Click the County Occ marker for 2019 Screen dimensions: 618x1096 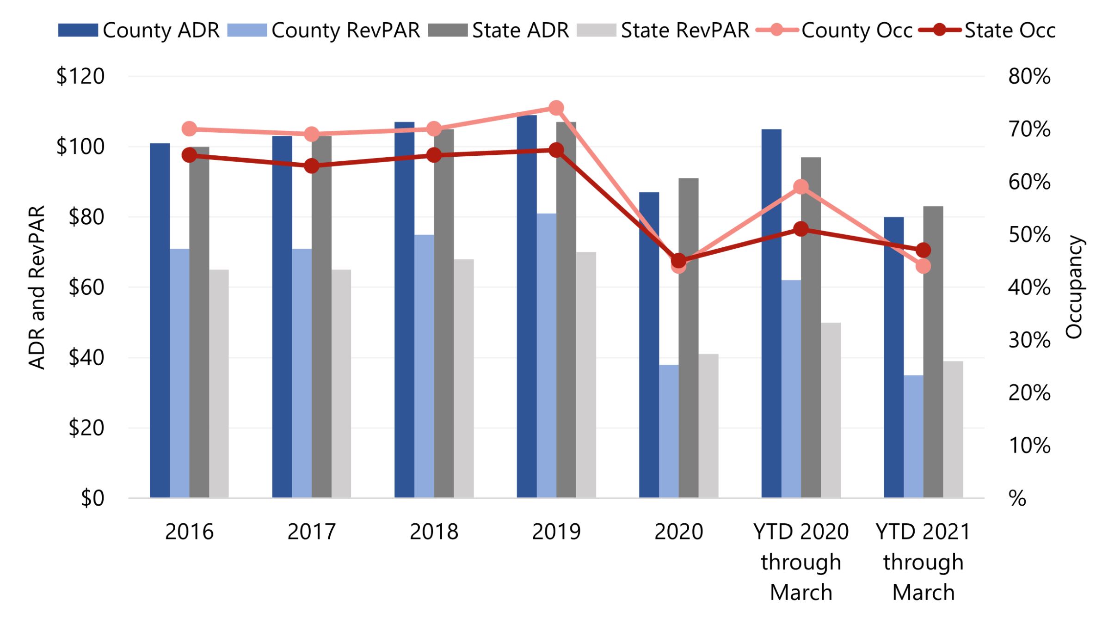click(556, 108)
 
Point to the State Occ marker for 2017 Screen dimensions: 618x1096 click(312, 166)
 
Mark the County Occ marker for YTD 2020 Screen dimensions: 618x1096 click(801, 187)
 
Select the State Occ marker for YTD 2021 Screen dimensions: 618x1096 click(923, 251)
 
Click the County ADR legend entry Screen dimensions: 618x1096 click(139, 31)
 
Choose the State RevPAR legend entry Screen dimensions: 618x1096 click(663, 31)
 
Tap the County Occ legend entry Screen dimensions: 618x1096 click(834, 31)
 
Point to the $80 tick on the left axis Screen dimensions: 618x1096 click(86, 217)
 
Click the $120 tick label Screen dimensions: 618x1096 click(80, 76)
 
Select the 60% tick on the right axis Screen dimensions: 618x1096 click(1029, 182)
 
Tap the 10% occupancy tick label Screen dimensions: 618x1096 click(1029, 446)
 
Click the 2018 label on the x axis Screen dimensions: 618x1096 click(434, 532)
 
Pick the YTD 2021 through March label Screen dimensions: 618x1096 click(923, 562)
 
